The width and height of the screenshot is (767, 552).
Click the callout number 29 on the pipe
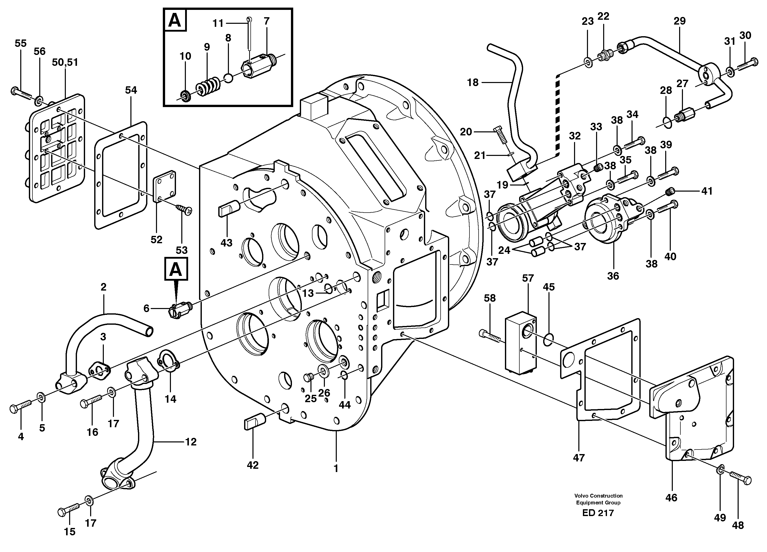click(679, 21)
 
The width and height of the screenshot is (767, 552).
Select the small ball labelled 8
click(229, 78)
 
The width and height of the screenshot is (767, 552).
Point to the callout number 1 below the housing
click(336, 468)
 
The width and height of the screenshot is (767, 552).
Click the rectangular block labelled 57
click(520, 343)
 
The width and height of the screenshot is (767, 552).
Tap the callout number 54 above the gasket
click(131, 90)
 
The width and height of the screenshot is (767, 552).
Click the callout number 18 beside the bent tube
click(473, 82)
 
